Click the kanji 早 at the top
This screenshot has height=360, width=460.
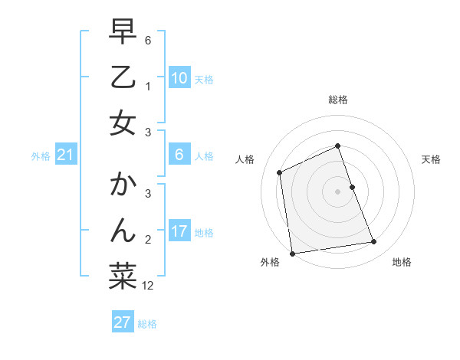tap(123, 32)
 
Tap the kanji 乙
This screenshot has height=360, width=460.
tap(123, 77)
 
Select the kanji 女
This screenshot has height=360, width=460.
tap(123, 123)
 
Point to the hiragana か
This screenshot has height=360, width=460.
tap(123, 185)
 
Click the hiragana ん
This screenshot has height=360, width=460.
tap(123, 231)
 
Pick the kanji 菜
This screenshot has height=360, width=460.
tap(123, 277)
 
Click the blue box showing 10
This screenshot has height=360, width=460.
tap(179, 77)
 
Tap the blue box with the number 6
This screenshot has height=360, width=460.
tap(179, 155)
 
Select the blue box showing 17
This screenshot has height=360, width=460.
tap(179, 231)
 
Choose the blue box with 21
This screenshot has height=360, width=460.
tap(66, 155)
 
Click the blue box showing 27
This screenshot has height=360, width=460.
tap(123, 322)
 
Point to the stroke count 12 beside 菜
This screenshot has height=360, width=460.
tap(148, 286)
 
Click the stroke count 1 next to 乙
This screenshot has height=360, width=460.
tap(148, 86)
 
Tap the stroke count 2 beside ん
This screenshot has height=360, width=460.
tap(148, 239)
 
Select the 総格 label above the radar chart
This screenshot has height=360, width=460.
tap(337, 100)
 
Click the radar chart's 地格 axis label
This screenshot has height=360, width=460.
tap(402, 262)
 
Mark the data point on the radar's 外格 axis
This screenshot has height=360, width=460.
tap(292, 254)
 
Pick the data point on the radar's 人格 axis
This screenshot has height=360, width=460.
tap(280, 172)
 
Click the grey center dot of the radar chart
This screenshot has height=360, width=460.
tap(337, 191)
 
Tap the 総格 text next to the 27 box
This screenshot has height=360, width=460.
tap(147, 324)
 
